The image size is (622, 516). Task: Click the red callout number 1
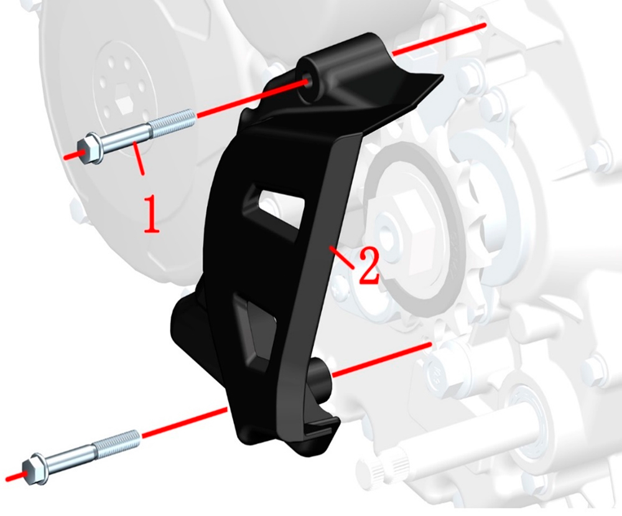151,214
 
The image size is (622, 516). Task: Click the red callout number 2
369,267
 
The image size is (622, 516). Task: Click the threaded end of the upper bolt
172,123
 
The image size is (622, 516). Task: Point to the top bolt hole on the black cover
307,83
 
